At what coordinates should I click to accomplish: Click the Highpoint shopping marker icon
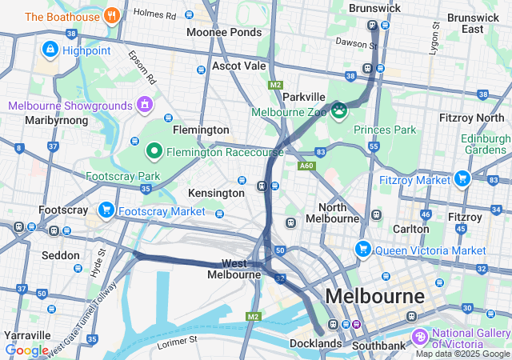click(x=50, y=50)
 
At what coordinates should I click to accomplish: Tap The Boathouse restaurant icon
click(x=112, y=15)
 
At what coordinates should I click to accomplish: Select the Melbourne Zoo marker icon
click(x=339, y=110)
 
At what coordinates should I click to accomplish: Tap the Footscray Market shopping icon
click(x=106, y=210)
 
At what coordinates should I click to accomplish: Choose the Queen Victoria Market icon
click(x=363, y=249)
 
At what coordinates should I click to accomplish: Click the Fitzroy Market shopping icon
click(x=462, y=178)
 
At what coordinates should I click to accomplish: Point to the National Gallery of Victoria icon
click(x=420, y=335)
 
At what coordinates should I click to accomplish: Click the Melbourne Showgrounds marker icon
click(x=144, y=104)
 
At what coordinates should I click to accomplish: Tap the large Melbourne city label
click(x=374, y=296)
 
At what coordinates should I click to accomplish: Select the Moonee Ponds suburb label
click(x=224, y=32)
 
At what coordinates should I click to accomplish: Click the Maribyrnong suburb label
click(x=38, y=120)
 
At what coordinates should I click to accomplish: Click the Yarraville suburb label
click(x=28, y=335)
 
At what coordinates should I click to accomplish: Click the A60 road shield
click(x=306, y=166)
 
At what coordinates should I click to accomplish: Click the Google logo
click(x=26, y=350)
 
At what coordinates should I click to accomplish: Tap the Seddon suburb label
click(x=61, y=255)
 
